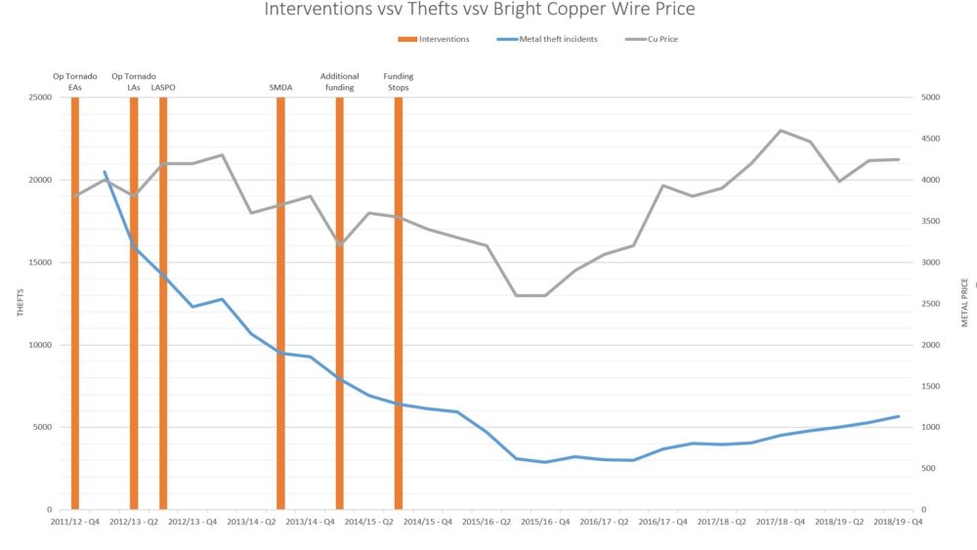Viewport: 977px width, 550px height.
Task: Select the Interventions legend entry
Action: click(434, 39)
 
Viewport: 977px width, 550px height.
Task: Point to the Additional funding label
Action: click(339, 82)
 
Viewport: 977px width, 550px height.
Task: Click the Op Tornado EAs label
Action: click(75, 82)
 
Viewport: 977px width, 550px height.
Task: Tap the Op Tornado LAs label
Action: click(134, 82)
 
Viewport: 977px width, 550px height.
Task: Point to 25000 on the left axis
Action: click(40, 98)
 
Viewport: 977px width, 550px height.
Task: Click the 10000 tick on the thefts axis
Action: click(40, 345)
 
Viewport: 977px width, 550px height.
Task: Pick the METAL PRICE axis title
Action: click(964, 303)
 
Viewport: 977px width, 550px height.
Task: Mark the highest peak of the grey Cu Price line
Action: click(781, 130)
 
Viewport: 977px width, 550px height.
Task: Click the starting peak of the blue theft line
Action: click(105, 172)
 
